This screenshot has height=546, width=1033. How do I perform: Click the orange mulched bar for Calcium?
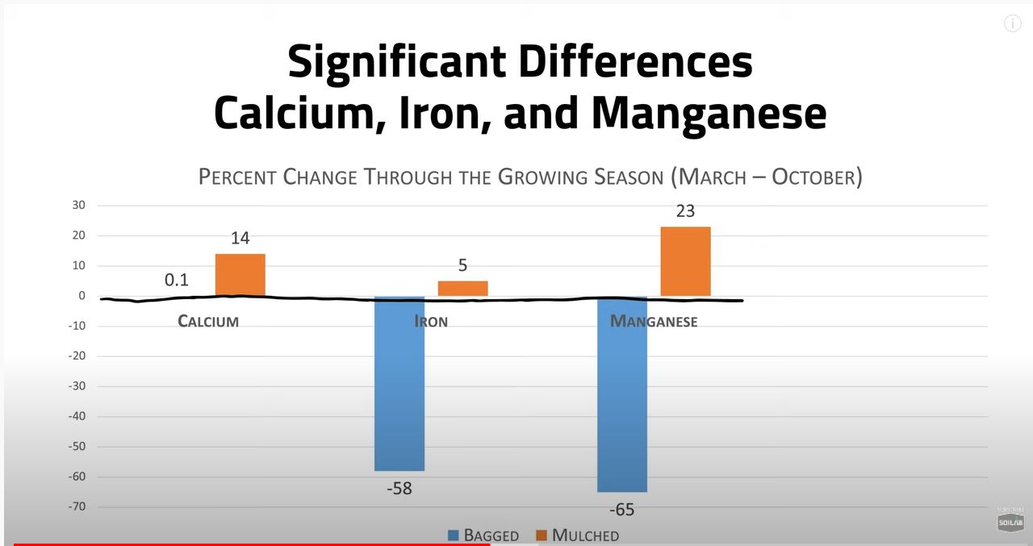pos(240,275)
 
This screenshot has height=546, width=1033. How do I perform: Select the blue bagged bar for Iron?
pos(399,383)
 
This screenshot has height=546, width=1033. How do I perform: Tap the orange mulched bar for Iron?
pos(462,288)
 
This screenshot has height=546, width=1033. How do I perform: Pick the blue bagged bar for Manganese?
pos(622,394)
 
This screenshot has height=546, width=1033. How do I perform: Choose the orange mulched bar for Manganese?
pos(685,261)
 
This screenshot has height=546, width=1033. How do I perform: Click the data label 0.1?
pos(176,280)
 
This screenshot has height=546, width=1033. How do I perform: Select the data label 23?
pos(684,211)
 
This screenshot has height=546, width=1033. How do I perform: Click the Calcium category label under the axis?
pos(208,321)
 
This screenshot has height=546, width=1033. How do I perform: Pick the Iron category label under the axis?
pos(431,321)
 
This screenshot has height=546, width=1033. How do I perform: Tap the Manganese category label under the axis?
pos(654,321)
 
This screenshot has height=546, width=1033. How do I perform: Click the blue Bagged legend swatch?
pos(454,536)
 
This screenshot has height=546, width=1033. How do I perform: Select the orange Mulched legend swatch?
pos(542,536)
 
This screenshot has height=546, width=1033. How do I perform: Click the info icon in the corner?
pos(1012,23)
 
